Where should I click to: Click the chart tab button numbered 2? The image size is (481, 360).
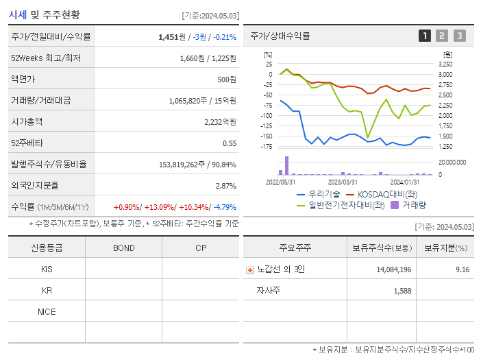(442, 36)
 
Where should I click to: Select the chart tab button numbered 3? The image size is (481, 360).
(459, 36)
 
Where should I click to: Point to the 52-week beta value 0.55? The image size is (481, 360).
(230, 143)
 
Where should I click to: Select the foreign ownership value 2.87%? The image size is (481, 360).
(225, 185)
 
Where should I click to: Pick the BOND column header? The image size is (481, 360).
(123, 248)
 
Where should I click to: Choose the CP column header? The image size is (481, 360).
(201, 248)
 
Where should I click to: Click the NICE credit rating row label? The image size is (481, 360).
(47, 311)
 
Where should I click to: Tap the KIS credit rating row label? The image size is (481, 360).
(47, 269)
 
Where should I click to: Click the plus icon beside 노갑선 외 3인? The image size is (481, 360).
(250, 269)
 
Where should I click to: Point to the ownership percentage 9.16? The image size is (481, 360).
(462, 269)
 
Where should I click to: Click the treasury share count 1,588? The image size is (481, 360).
(402, 291)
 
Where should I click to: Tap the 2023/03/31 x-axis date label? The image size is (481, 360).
(343, 182)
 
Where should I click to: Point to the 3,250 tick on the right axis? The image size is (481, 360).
(445, 64)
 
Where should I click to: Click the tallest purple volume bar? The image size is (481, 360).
(286, 165)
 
